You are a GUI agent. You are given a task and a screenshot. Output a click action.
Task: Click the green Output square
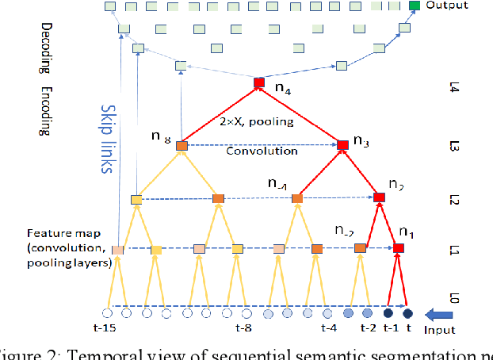click(x=415, y=6)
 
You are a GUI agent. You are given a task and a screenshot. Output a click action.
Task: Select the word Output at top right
click(x=446, y=5)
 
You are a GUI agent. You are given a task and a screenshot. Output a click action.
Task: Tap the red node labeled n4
click(x=258, y=82)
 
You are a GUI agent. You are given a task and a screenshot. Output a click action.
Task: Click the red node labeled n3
click(x=342, y=144)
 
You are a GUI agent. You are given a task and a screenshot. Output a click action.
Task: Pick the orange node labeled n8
click(x=182, y=146)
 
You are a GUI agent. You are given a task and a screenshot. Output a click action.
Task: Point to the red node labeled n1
click(x=398, y=248)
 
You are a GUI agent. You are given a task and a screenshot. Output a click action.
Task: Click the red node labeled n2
click(x=379, y=197)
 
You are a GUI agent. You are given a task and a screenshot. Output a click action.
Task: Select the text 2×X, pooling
click(x=256, y=123)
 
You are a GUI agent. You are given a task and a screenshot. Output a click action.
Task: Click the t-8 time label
click(x=244, y=326)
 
